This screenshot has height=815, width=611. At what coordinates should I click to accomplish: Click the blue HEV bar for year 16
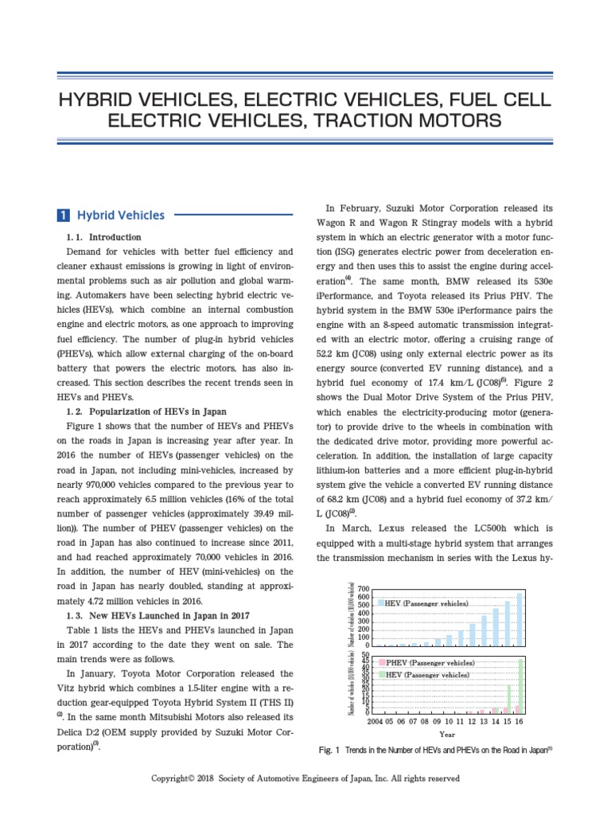[520, 619]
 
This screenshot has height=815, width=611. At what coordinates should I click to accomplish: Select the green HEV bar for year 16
[521, 685]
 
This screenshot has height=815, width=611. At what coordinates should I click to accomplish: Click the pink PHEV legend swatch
[382, 662]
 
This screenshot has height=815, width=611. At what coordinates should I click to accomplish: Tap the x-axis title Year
[447, 735]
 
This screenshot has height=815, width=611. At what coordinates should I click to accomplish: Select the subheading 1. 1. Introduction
[104, 237]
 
